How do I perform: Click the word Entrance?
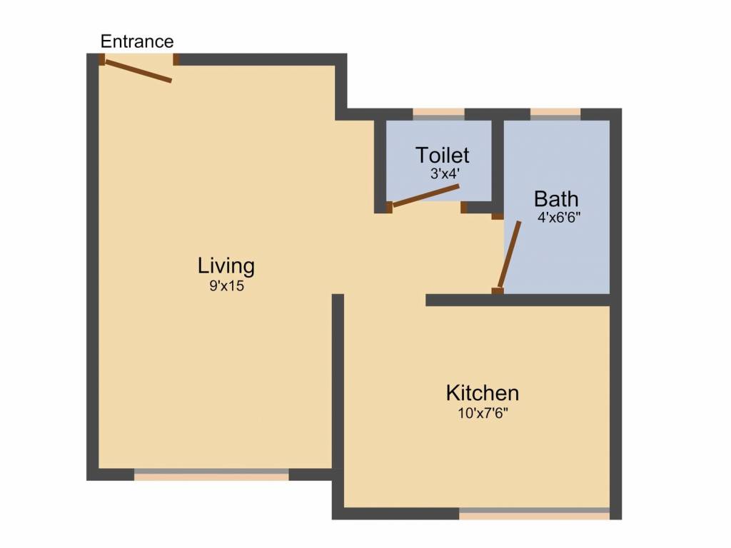(x=137, y=41)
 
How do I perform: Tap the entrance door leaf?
(x=138, y=71)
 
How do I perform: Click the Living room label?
(x=226, y=267)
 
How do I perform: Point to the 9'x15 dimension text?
(x=226, y=285)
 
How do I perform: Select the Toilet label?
(x=442, y=155)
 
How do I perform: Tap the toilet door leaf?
(x=426, y=196)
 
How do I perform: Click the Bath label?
(x=556, y=199)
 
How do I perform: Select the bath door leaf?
(x=510, y=255)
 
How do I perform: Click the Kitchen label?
(x=483, y=393)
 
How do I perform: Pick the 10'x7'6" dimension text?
(x=483, y=413)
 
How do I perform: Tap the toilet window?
(x=439, y=115)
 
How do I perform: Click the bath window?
(x=555, y=115)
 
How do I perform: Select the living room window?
(x=211, y=475)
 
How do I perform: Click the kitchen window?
(x=534, y=514)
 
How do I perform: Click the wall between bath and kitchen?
(x=518, y=300)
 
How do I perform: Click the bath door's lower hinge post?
(x=498, y=291)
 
